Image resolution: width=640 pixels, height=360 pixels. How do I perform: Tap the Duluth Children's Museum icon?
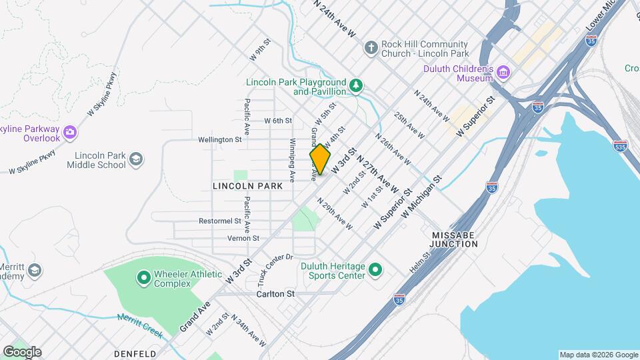coord(503,72)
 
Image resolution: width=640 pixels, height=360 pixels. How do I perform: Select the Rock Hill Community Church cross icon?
coord(371,48)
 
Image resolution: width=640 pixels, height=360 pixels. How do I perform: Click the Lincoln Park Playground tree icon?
coord(357,86)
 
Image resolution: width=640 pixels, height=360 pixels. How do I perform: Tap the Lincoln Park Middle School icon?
coord(136,159)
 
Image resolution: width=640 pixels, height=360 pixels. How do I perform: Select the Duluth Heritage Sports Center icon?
coord(375,270)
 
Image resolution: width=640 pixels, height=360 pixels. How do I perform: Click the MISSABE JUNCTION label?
coord(454,240)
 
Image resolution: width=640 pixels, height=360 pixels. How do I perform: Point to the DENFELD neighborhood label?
coord(135,353)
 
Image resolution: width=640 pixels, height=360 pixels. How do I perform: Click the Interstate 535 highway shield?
coord(621,146)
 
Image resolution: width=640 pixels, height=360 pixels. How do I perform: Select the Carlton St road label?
coord(275,293)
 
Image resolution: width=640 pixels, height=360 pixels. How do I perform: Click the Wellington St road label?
coord(219,140)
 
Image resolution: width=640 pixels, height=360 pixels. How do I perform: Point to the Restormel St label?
coord(219,221)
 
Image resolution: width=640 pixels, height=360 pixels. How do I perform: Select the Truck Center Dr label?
coord(275,265)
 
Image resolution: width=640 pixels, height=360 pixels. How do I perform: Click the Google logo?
coord(22,351)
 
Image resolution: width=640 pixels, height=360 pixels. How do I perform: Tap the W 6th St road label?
coord(278,121)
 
